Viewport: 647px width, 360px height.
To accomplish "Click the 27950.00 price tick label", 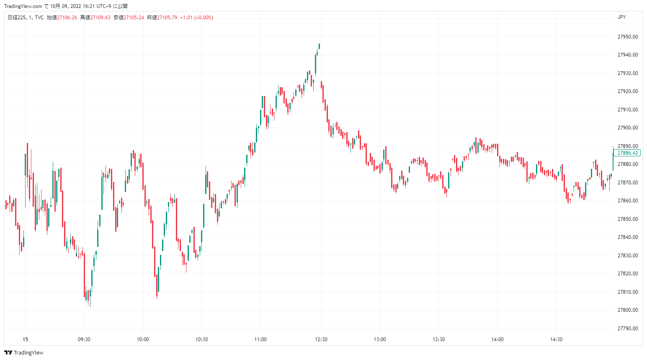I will tap(627, 37).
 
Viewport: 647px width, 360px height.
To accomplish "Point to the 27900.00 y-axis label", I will tap(627, 128).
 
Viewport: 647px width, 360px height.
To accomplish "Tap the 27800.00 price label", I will tap(627, 310).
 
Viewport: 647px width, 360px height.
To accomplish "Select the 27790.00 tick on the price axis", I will tap(627, 329).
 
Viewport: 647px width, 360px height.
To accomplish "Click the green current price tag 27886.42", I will tap(627, 153).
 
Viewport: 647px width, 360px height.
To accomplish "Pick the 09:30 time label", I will tap(84, 339).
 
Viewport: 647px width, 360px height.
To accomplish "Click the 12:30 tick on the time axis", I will tap(321, 339).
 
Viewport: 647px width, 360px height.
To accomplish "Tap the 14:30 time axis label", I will tap(556, 339).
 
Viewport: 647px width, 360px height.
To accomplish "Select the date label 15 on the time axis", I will tap(25, 339).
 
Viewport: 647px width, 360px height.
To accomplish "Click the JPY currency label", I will tap(621, 17).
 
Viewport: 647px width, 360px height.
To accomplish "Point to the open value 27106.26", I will tap(67, 18).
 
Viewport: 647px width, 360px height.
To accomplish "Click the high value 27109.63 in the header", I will tap(101, 18).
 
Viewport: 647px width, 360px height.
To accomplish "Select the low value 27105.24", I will tap(134, 18).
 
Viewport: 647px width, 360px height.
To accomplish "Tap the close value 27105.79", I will tap(167, 18).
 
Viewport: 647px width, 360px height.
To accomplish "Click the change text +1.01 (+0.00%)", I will tap(196, 18).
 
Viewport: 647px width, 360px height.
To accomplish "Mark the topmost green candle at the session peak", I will tap(319, 46).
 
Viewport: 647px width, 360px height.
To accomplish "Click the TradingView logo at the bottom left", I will tap(24, 352).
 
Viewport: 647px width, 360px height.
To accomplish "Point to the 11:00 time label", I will tap(260, 339).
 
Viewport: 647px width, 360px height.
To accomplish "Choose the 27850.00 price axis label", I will tap(627, 219).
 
